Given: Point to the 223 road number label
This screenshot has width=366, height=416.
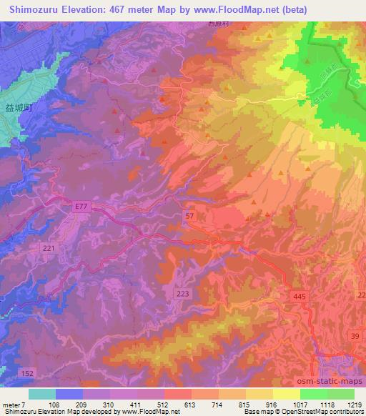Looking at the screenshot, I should point(182,294).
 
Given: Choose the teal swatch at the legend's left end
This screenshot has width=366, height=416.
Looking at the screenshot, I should point(42,394).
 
